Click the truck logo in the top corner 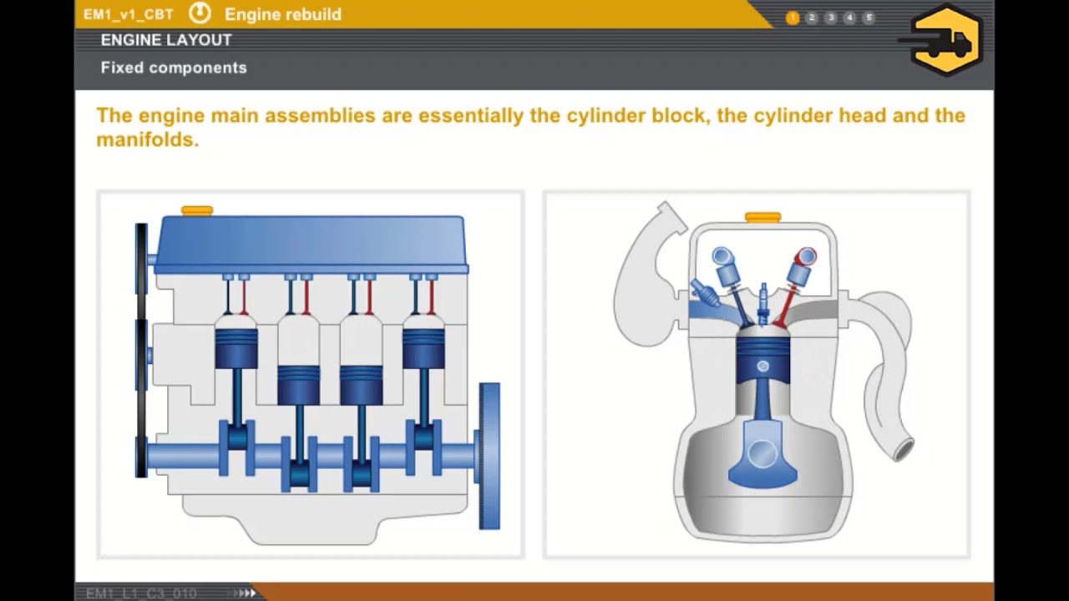coord(946,40)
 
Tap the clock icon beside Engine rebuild coord(200,13)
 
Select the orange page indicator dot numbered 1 coord(793,18)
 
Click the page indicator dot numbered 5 coord(869,18)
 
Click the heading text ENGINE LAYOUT coord(166,40)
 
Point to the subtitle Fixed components coord(174,68)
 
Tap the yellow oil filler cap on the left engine coord(197,211)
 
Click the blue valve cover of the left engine coord(311,242)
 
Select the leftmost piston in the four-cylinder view coord(236,347)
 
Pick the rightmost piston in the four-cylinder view coord(423,347)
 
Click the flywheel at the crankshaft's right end coord(489,455)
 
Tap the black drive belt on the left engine coord(141,351)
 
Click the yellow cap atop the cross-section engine coord(762,218)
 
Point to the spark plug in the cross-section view coord(762,306)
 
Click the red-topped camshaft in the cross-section coord(805,256)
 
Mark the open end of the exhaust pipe coord(903,452)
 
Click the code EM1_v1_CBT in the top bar coord(128,15)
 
